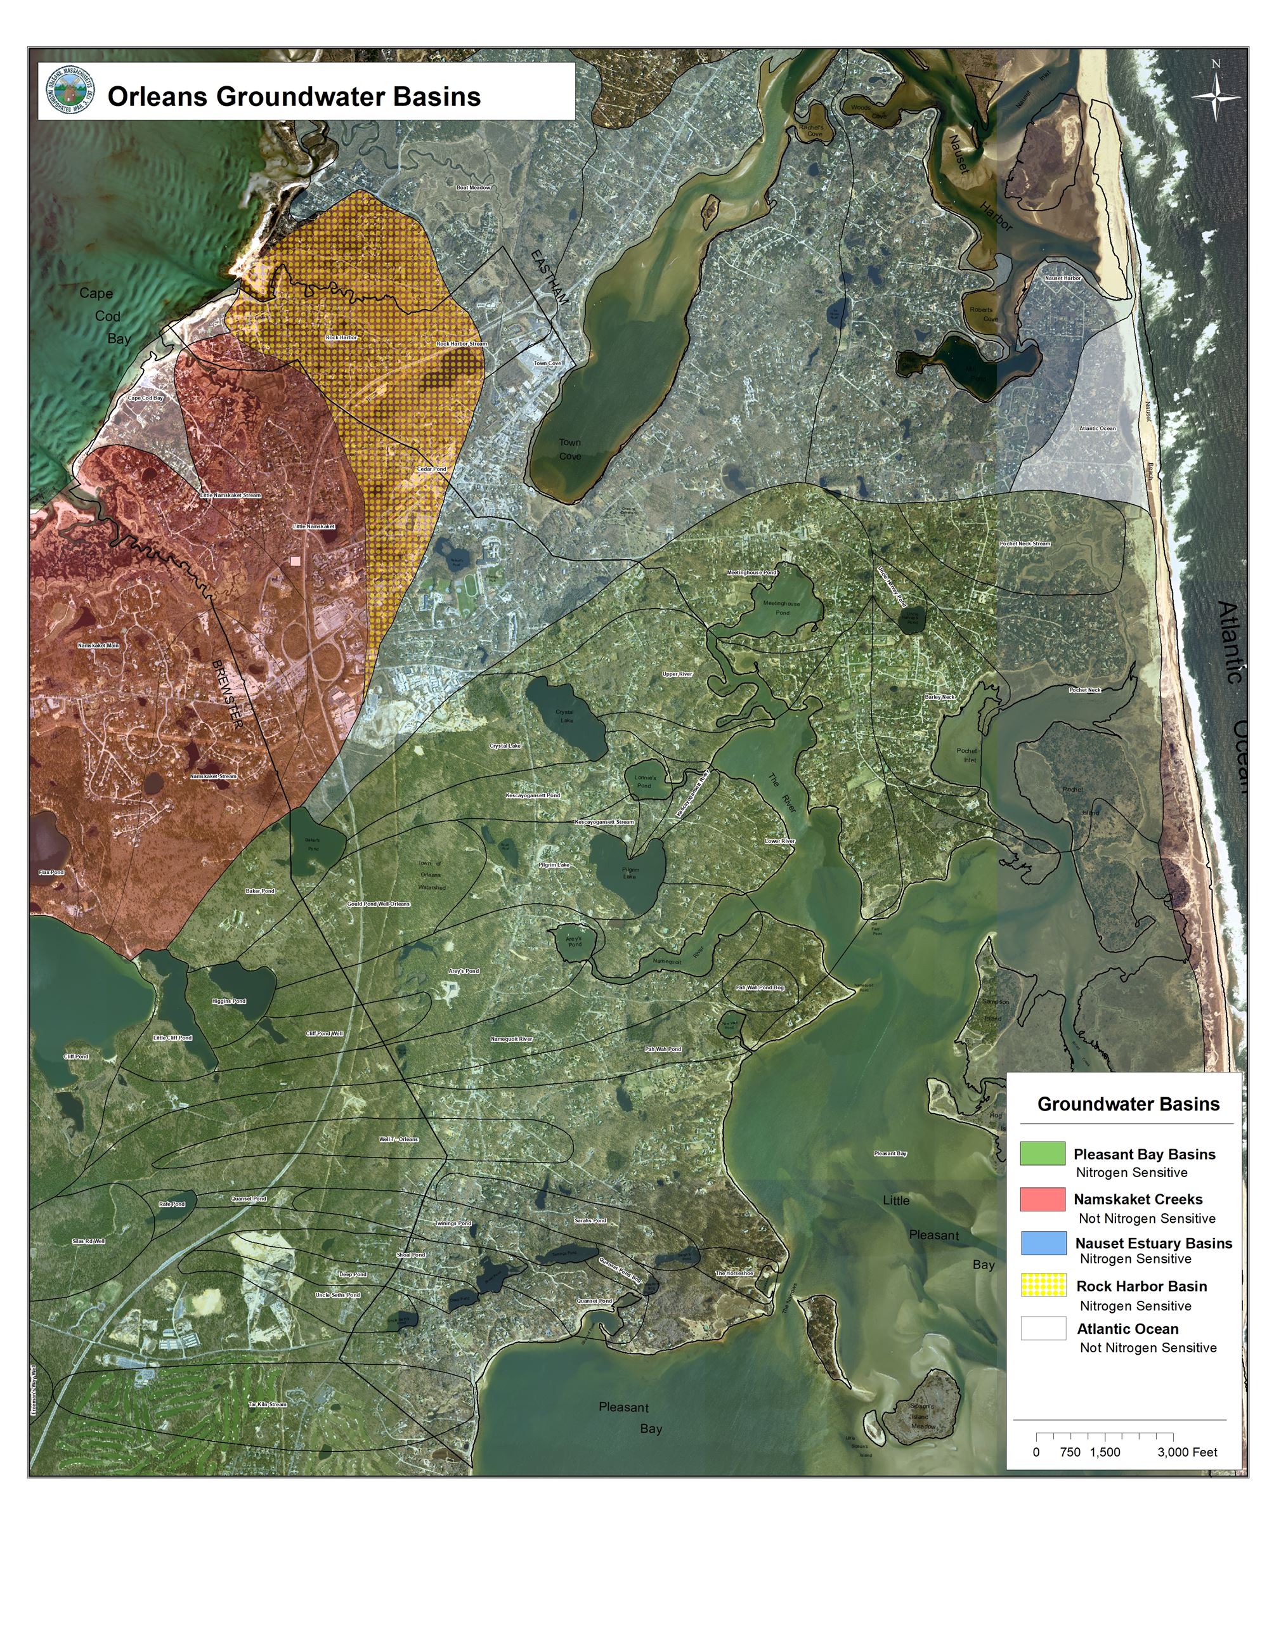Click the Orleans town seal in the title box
[70, 91]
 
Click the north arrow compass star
[1215, 96]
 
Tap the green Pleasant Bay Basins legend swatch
[1043, 1153]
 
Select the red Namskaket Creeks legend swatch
[1043, 1198]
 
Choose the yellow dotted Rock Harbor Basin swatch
[1043, 1285]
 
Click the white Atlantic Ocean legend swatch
[1043, 1328]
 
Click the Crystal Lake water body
[566, 716]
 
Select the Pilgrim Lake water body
[628, 873]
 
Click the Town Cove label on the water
[570, 449]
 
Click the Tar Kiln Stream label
[268, 1404]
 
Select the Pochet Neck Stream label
[1024, 544]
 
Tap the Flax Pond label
[51, 872]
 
